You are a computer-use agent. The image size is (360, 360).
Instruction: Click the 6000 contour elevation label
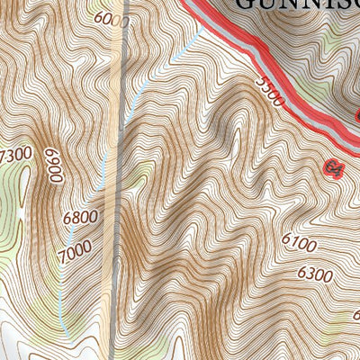[x=111, y=19]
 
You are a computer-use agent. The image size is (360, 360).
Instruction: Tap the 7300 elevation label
[x=15, y=157]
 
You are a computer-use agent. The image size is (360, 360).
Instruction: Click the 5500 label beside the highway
[x=270, y=91]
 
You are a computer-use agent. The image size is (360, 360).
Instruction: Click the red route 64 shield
[x=335, y=167]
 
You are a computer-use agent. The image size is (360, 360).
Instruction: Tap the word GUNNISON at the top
[x=297, y=4]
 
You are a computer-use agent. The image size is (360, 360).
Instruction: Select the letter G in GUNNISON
[x=245, y=4]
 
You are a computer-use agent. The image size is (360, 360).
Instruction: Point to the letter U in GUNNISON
[x=268, y=4]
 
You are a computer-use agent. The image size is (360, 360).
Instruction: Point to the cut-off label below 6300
[x=355, y=315]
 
